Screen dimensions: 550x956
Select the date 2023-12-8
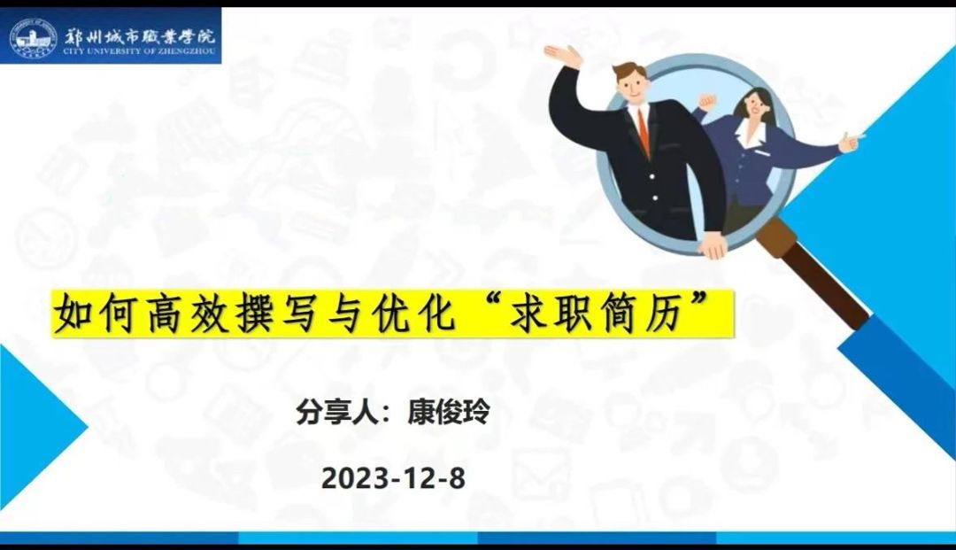pos(392,478)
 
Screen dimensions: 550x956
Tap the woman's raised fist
pos(705,97)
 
